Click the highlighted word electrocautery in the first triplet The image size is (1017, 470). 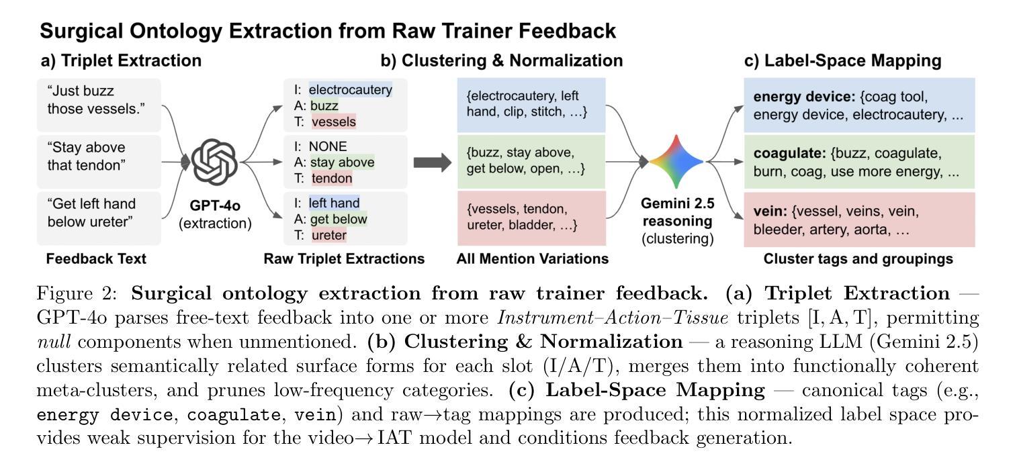pos(350,89)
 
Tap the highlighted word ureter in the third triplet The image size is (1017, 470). pos(329,235)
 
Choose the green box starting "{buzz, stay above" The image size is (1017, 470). pos(531,161)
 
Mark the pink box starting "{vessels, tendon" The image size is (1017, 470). pos(531,218)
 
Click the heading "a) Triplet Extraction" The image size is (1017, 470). pos(121,60)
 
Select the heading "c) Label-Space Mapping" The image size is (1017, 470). pos(842,60)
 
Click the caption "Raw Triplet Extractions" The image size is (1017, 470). pos(344,258)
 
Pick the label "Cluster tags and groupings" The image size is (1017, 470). pos(859,258)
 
